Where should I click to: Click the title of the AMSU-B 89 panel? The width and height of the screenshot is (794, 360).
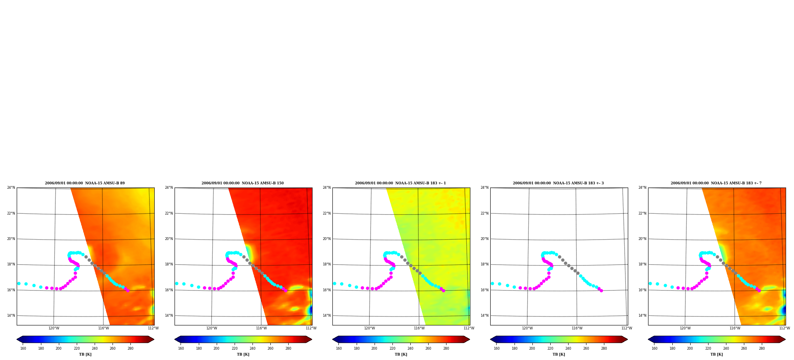(85, 183)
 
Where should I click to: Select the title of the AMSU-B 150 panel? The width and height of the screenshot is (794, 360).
(243, 183)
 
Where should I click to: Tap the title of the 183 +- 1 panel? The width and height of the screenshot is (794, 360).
(400, 183)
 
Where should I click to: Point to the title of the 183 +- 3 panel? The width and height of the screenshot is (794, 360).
(558, 183)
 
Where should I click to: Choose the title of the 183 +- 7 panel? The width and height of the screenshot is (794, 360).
(716, 183)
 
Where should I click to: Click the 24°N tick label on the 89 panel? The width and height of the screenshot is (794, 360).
(11, 188)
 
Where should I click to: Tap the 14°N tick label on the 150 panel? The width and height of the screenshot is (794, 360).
(169, 315)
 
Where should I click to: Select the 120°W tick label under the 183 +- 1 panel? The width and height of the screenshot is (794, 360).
(369, 328)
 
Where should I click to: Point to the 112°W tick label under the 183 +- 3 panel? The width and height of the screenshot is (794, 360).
(627, 328)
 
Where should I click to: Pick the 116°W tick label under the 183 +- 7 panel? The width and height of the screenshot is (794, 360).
(735, 328)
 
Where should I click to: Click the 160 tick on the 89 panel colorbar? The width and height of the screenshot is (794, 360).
(23, 348)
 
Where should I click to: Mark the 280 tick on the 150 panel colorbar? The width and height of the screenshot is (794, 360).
(288, 348)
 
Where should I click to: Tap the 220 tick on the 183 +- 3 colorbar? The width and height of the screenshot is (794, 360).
(550, 348)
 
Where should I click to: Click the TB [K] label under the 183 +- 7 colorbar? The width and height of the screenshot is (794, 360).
(716, 354)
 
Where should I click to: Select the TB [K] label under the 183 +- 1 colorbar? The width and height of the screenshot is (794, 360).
(401, 354)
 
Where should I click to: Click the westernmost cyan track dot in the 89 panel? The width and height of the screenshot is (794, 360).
(19, 283)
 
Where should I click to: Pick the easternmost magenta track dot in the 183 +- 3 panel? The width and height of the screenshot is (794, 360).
(601, 290)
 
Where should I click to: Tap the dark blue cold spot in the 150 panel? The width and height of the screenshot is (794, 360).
(310, 310)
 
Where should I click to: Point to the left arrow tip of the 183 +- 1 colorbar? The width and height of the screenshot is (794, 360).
(332, 339)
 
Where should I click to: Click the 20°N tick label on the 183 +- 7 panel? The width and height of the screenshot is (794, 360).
(643, 239)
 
